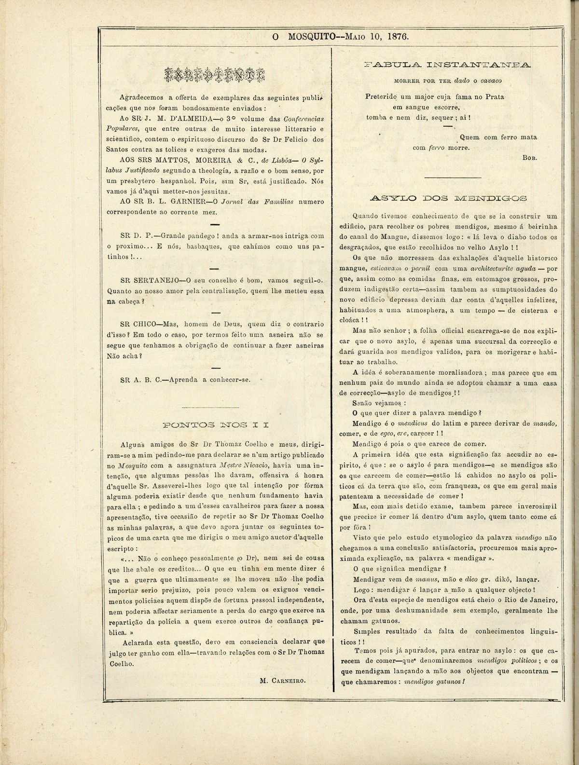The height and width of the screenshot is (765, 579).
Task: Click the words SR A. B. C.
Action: coord(140,379)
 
